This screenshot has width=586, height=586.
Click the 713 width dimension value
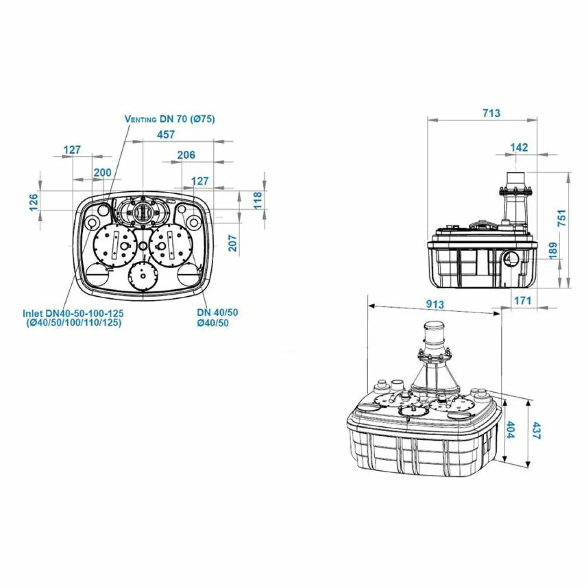[491, 113]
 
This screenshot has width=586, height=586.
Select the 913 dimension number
[435, 304]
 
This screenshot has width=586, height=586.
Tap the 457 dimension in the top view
[166, 134]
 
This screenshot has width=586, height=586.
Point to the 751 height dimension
[561, 218]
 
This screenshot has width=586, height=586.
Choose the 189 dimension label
[553, 250]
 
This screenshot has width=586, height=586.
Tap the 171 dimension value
[523, 301]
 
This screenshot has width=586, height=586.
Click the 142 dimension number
[519, 147]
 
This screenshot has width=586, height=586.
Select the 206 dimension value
[186, 155]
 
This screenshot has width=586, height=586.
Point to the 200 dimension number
[103, 173]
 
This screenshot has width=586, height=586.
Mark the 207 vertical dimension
[233, 243]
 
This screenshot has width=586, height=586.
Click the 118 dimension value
[258, 200]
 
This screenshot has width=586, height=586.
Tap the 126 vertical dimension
[33, 202]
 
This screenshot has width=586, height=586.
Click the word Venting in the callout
[141, 119]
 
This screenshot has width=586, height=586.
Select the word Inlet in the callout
[34, 313]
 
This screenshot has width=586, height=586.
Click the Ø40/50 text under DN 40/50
[213, 323]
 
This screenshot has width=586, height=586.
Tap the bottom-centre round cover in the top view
[142, 276]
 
